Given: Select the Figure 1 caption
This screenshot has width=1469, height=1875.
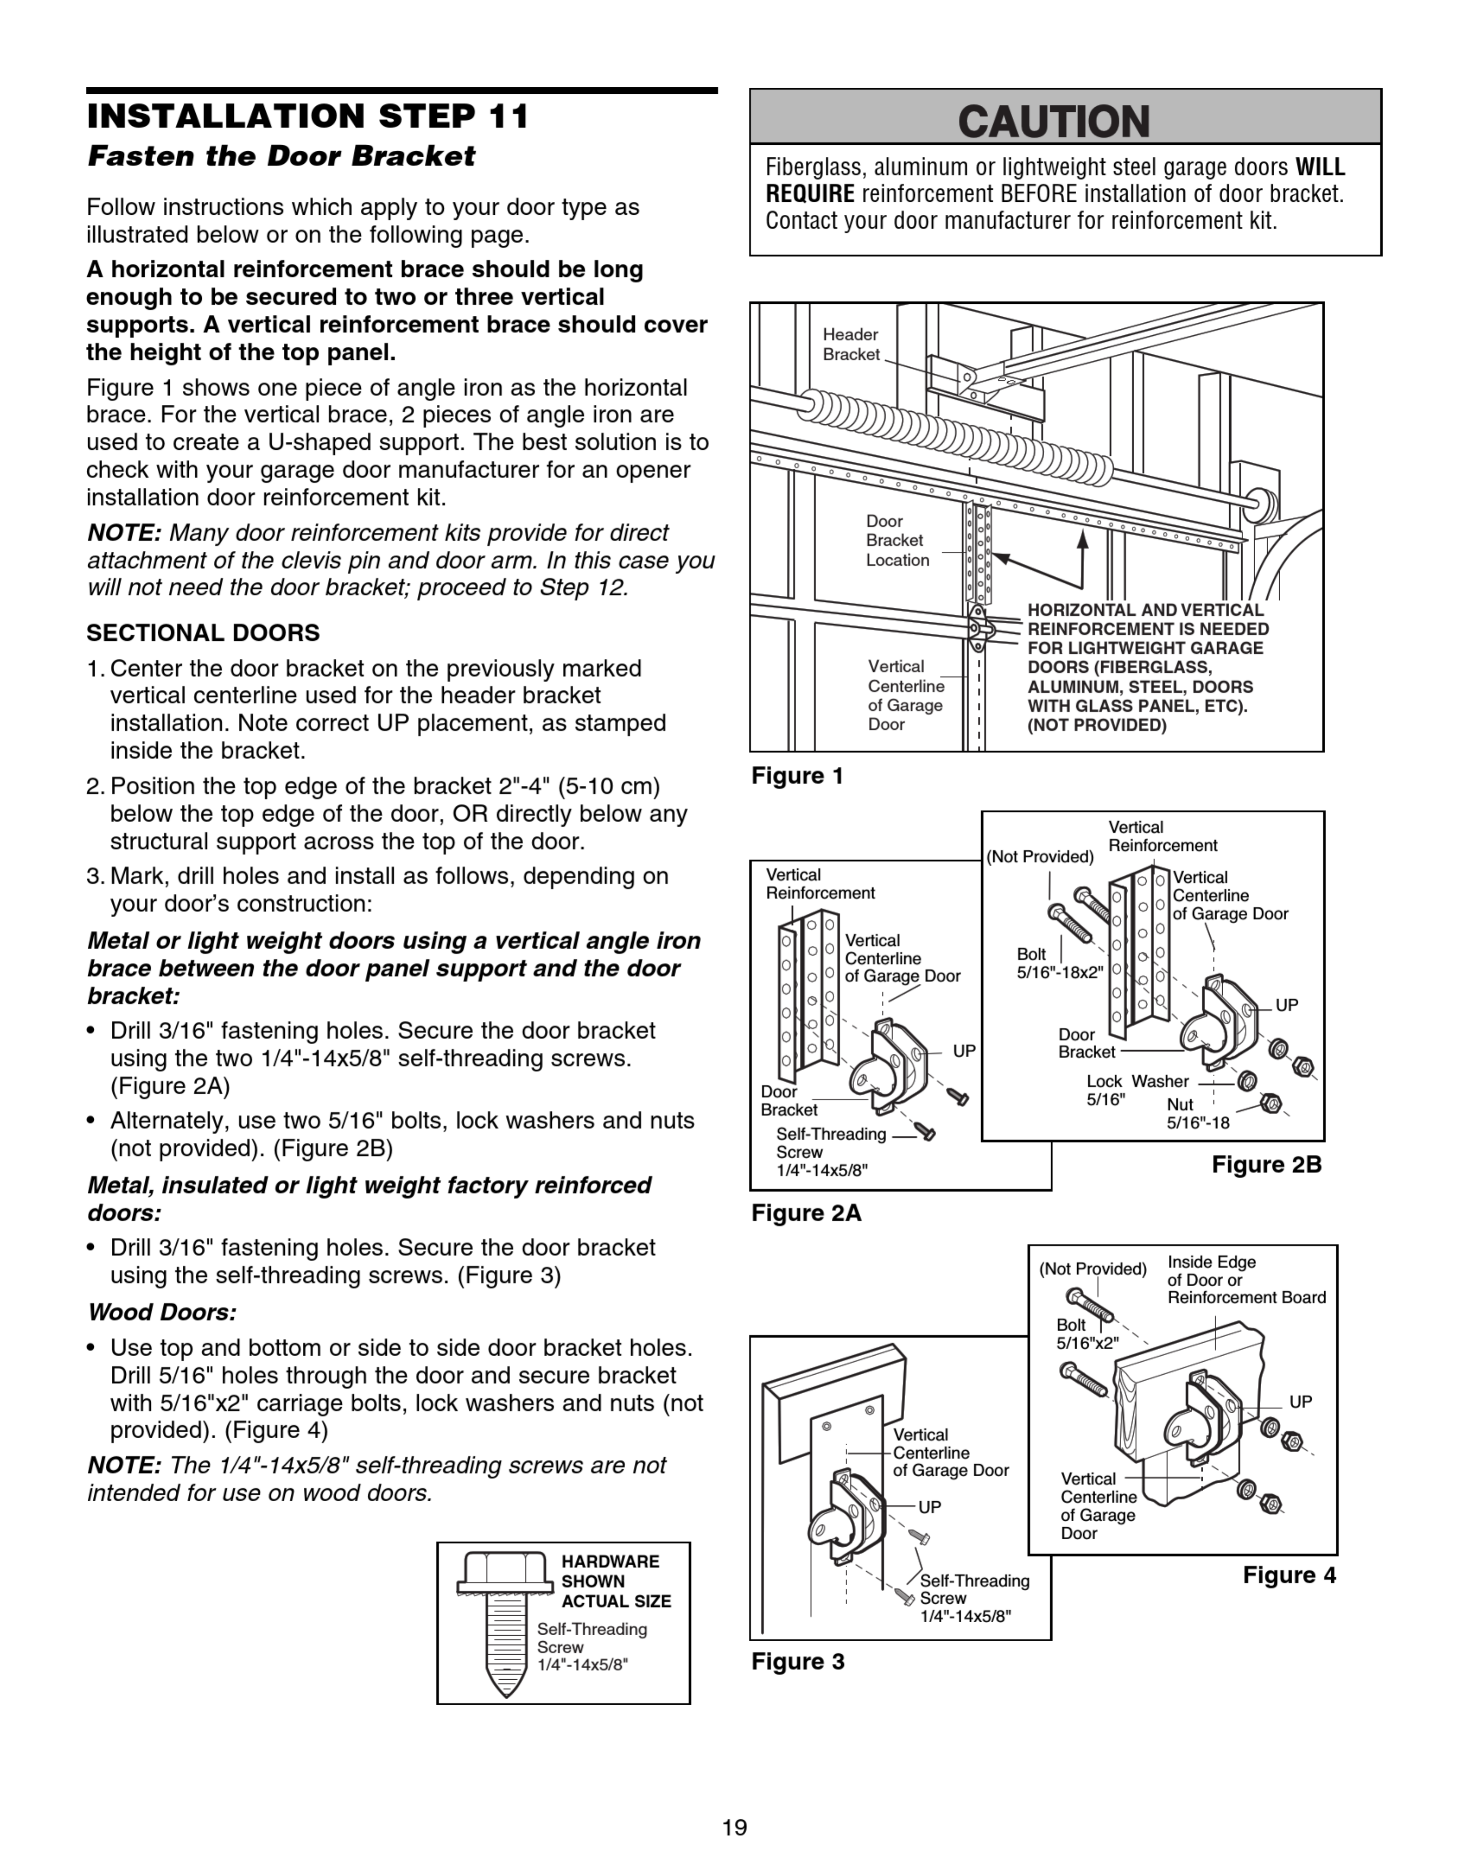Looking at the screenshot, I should pyautogui.click(x=797, y=776).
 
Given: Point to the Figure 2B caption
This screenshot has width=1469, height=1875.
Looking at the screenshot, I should pyautogui.click(x=1266, y=1165).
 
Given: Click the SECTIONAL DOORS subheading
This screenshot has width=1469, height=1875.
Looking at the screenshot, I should pyautogui.click(x=203, y=633).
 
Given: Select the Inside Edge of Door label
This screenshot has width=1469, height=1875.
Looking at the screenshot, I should pyautogui.click(x=1245, y=1280).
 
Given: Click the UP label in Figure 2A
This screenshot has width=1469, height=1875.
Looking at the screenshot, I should pyautogui.click(x=964, y=1050).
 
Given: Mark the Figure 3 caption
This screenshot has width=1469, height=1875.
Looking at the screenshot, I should pyautogui.click(x=797, y=1661).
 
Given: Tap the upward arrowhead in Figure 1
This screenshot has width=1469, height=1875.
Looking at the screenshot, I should pyautogui.click(x=1083, y=539).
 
